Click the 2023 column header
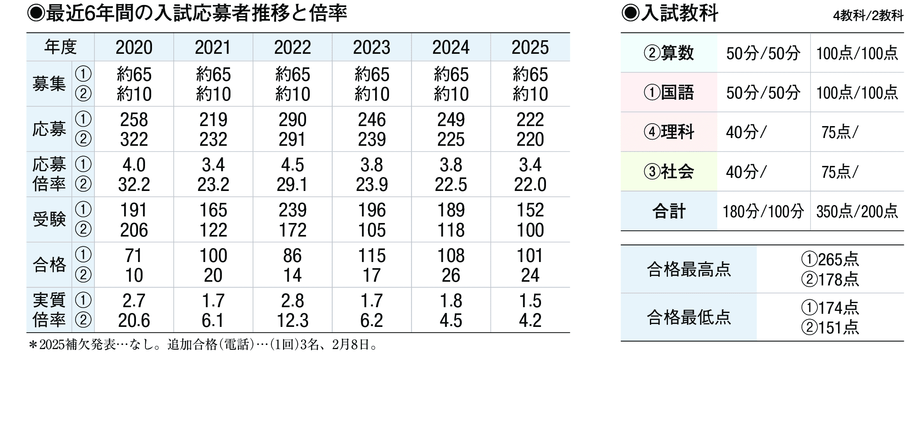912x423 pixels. point(371,48)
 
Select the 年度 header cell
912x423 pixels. point(60,47)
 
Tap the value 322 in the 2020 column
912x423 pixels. point(134,140)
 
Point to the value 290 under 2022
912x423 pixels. point(292,120)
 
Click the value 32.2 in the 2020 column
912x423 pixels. point(134,185)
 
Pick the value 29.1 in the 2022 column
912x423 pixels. point(292,185)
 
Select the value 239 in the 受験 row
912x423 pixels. point(292,210)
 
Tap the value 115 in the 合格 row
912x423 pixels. point(371,256)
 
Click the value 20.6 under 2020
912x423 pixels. point(134,321)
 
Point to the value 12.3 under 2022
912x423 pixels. point(292,321)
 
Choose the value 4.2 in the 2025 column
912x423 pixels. point(530,321)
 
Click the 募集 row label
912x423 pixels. point(49,84)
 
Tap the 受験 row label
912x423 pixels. point(49,220)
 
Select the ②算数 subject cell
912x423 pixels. point(669,53)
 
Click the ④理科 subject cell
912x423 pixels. point(669,132)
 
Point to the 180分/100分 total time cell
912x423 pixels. point(763,211)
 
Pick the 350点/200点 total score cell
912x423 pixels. point(857,211)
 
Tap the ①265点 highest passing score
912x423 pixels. point(830,260)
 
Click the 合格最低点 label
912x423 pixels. point(689,317)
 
